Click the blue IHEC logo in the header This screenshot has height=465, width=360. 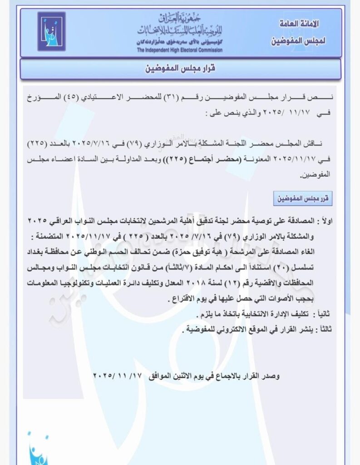(51, 31)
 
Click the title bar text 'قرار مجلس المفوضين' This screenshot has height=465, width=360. (181, 69)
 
